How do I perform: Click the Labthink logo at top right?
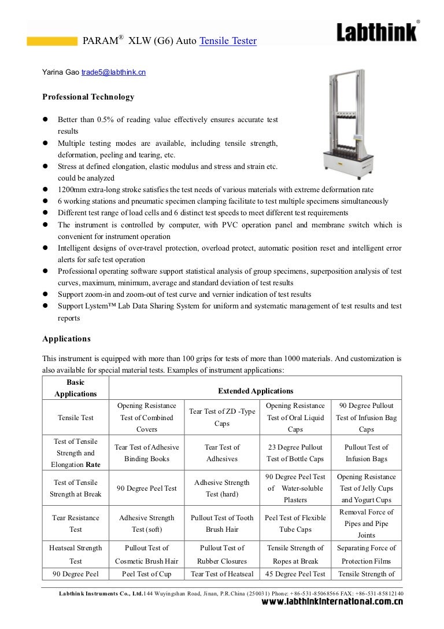[x=378, y=32]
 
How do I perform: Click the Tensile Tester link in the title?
[x=228, y=41]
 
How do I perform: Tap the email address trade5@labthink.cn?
[x=113, y=72]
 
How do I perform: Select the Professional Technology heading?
[x=88, y=97]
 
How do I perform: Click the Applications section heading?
[x=66, y=339]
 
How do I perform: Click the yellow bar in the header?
[x=52, y=41]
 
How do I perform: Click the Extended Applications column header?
[x=255, y=391]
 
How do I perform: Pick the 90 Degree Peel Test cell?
[x=147, y=488]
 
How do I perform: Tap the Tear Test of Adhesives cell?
[x=222, y=453]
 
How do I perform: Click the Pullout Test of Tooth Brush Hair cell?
[x=222, y=523]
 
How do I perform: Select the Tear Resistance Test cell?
[x=76, y=523]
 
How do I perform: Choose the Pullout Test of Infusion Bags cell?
[x=366, y=453]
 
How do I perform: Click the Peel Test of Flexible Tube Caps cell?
[x=295, y=523]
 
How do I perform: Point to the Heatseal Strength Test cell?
[x=76, y=554]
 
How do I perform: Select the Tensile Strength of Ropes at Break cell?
[x=295, y=554]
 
